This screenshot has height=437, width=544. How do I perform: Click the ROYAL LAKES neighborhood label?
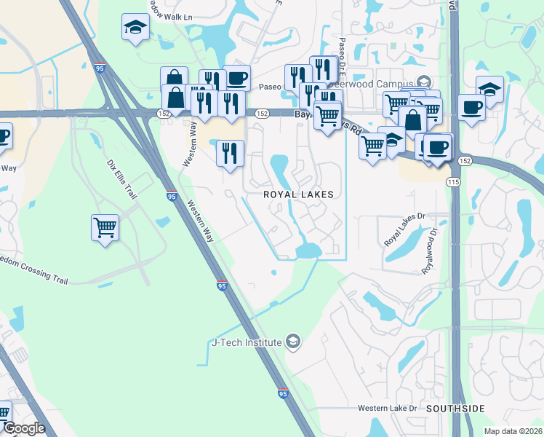[x=298, y=194]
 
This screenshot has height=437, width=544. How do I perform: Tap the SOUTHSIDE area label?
[x=455, y=409]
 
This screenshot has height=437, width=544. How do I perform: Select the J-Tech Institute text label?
[x=246, y=342]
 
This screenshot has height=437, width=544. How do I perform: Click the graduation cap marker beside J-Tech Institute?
[x=292, y=342]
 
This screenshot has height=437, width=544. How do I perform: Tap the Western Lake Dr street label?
[x=388, y=409]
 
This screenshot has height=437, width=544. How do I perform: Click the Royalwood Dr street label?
[x=430, y=252]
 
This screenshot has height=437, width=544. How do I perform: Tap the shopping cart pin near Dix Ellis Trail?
[x=105, y=228]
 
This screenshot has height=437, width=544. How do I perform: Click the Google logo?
[x=23, y=428]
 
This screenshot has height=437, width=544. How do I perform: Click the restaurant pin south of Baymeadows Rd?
[x=230, y=153]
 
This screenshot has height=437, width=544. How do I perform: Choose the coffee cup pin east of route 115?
[x=471, y=108]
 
